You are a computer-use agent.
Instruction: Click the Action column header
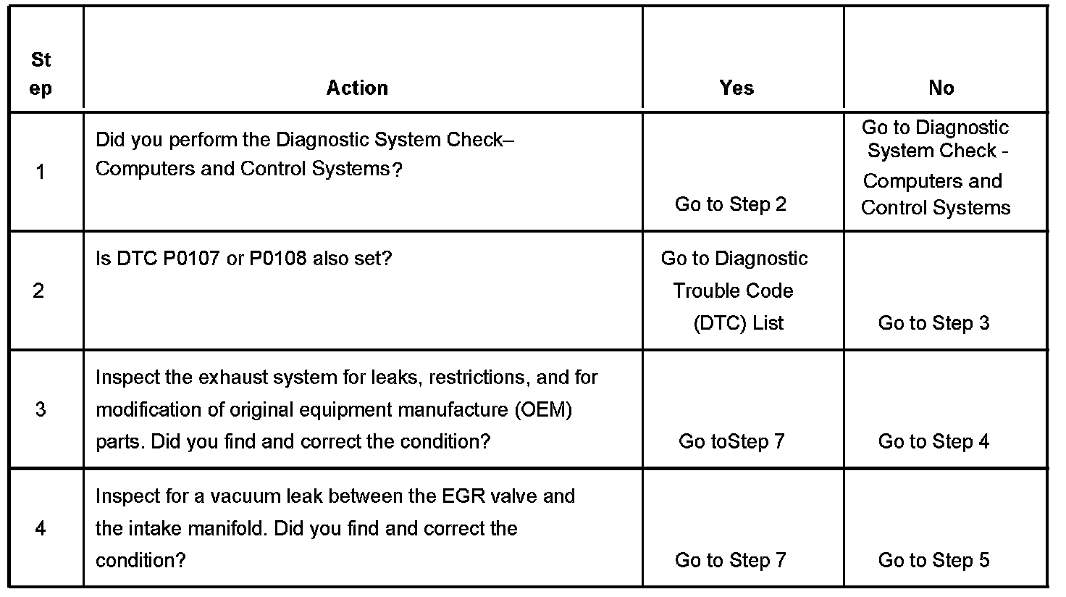[357, 88]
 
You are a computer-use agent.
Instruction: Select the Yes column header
[736, 88]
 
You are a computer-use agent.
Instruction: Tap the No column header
[941, 88]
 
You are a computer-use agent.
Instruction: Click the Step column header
[41, 74]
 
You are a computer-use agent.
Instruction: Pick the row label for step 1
[41, 172]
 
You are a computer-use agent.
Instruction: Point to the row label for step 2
[39, 291]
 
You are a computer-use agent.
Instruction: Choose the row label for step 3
[41, 409]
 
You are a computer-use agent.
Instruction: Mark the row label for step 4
[41, 528]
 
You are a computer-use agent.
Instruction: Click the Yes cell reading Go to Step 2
[731, 204]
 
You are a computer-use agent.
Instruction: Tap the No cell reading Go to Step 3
[933, 323]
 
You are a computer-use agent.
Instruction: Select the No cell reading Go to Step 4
[933, 441]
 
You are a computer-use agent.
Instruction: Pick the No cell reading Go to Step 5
[933, 560]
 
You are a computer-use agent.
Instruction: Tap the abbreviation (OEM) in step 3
[543, 409]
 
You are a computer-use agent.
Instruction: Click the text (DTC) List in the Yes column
[738, 323]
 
